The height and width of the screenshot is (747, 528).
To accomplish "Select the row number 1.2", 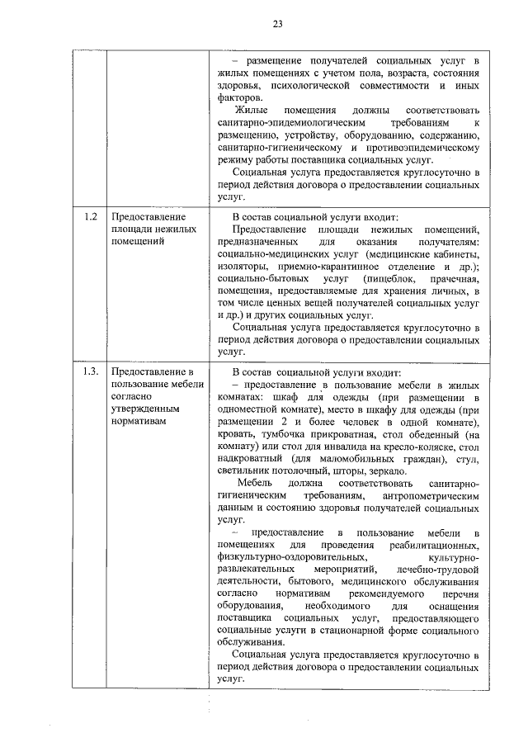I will (x=90, y=217).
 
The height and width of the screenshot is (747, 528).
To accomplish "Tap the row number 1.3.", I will (x=91, y=371).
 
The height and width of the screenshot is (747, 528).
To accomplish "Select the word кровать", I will (x=238, y=433).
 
